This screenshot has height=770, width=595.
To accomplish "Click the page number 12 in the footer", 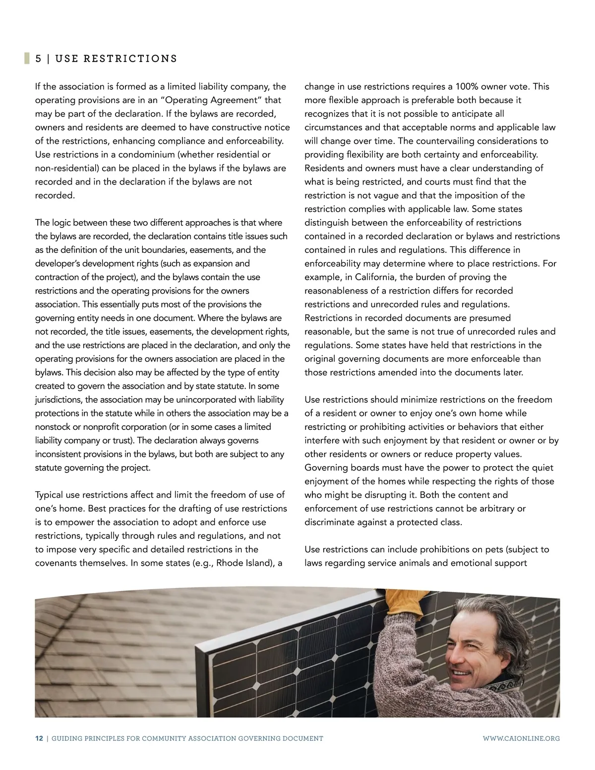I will point(39,738).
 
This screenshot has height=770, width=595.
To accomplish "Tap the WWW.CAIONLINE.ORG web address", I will point(521,738).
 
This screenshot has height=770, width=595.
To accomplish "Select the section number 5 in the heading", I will point(38,59).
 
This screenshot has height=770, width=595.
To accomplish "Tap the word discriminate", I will point(329,522).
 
